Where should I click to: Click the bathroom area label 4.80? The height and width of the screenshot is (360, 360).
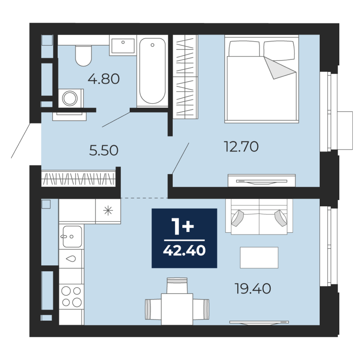coord(104,79)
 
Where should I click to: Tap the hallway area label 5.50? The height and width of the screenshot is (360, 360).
coord(104,150)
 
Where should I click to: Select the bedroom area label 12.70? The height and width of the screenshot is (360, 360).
coord(241,146)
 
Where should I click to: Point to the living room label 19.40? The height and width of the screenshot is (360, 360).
coord(253,289)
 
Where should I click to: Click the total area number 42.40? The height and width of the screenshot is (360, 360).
coord(184,250)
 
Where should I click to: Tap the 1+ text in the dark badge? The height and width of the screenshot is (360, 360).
coord(183,226)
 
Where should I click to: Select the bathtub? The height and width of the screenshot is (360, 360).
coord(152,71)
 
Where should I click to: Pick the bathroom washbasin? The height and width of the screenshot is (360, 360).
coord(123,45)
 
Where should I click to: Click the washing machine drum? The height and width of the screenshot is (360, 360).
coord(70,98)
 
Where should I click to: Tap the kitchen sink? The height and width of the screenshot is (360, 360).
coord(72,236)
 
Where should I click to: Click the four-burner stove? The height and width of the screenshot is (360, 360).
coord(71,296)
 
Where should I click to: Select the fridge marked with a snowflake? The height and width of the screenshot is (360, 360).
coord(108,211)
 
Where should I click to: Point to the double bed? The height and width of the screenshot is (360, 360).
coord(262,79)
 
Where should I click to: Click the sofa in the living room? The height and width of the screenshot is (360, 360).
coord(259,217)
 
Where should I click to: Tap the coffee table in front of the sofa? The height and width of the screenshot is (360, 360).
coord(259,258)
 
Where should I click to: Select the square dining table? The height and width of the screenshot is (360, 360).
coord(177,309)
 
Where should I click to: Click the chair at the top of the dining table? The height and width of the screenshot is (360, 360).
coord(177,286)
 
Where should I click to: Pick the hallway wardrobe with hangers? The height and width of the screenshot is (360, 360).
coord(79,178)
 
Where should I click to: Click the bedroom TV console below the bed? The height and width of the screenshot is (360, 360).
coord(262,181)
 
